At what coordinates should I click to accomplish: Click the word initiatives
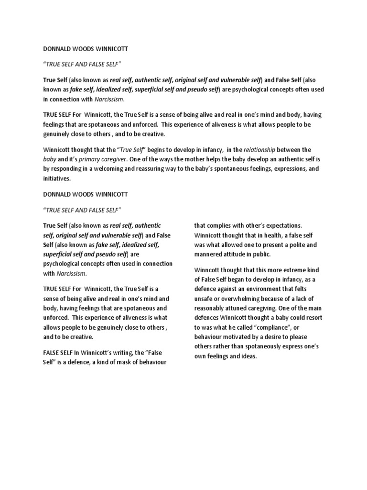tap(57, 178)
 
